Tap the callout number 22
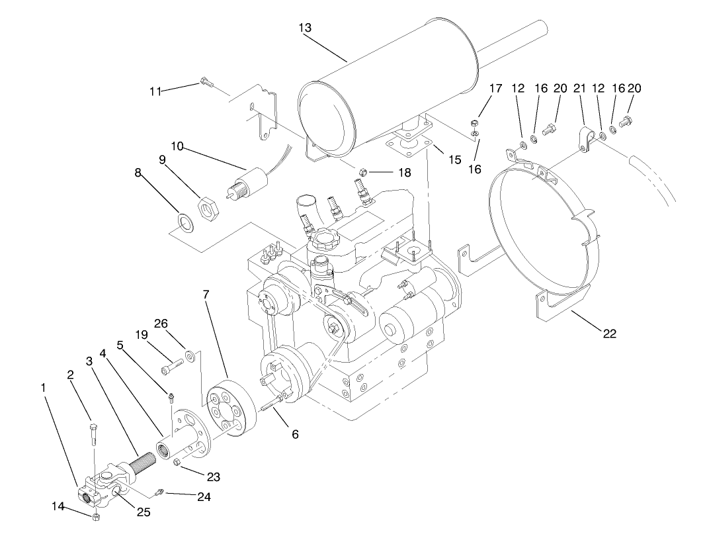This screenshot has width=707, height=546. tap(609, 334)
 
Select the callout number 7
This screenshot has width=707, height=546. tap(207, 293)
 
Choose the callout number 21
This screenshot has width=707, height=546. tap(579, 89)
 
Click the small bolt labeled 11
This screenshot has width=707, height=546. tap(205, 83)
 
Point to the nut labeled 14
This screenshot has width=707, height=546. tap(96, 516)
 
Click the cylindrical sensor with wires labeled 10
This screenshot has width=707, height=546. tap(250, 180)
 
